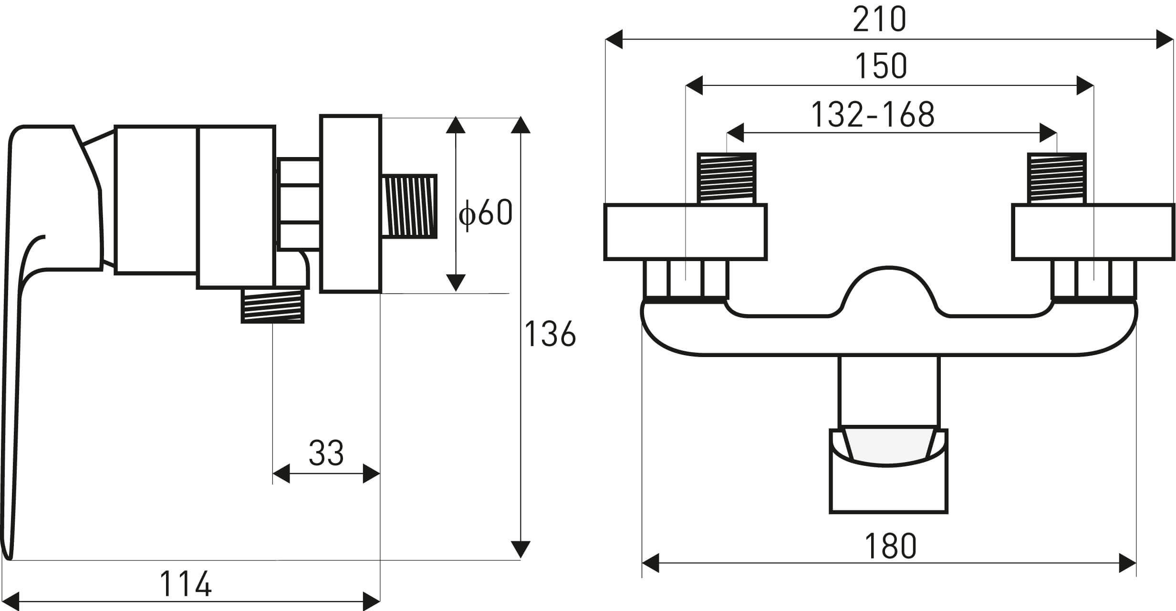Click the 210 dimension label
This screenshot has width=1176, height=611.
879,20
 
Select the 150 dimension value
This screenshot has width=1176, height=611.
881,66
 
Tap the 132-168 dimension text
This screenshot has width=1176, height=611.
872,115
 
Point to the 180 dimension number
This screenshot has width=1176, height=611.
890,546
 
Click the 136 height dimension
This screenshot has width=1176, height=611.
550,334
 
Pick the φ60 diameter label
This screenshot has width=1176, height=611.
485,213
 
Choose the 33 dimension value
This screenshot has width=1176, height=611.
326,453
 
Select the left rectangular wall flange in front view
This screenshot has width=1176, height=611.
685,232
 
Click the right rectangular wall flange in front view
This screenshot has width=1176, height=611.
1093,232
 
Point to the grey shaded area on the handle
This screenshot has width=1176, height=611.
888,447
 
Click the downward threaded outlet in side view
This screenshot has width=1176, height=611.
273,305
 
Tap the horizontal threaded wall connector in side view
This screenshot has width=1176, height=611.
409,206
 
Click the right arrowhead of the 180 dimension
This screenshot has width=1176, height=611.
1127,563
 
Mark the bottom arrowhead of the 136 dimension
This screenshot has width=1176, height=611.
520,550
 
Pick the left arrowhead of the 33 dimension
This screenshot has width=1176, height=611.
281,474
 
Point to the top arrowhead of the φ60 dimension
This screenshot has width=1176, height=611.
456,125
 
